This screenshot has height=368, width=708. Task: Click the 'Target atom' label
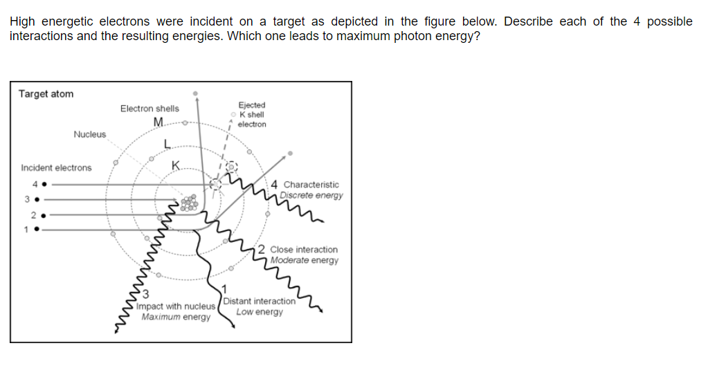pos(46,94)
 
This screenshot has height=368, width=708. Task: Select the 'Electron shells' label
pos(149,109)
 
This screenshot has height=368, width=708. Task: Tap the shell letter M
pos(158,123)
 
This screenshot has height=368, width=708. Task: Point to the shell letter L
pos(167,144)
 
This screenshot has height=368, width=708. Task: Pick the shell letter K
pos(176,165)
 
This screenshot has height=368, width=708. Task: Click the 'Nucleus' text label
pos(90,134)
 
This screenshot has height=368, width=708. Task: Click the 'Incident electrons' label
pos(56,168)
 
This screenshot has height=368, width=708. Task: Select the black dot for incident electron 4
pos(44,185)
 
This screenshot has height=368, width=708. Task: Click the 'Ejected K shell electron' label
pos(251,115)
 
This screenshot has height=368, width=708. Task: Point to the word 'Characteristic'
pos(311,185)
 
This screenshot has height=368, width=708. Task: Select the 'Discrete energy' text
pos(311,195)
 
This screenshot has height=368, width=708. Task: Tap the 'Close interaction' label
pos(304,250)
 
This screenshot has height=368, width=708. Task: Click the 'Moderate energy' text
pos(304,261)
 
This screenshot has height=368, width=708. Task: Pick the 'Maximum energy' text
pos(176,317)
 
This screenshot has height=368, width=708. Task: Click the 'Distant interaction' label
pos(260,302)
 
